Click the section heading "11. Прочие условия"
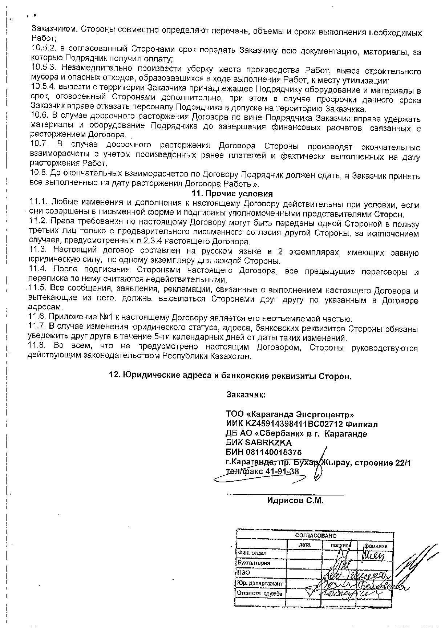pyautogui.click(x=232, y=194)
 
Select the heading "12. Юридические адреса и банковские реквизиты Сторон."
pyautogui.click(x=230, y=376)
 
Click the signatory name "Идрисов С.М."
pyautogui.click(x=295, y=501)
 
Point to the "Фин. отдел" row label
pyautogui.click(x=252, y=553)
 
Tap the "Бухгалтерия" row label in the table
pyautogui.click(x=254, y=563)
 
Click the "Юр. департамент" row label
pyautogui.click(x=259, y=584)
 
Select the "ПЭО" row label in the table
pyautogui.click(x=243, y=573)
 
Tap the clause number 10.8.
pyautogui.click(x=38, y=172)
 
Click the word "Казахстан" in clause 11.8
pyautogui.click(x=232, y=356)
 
